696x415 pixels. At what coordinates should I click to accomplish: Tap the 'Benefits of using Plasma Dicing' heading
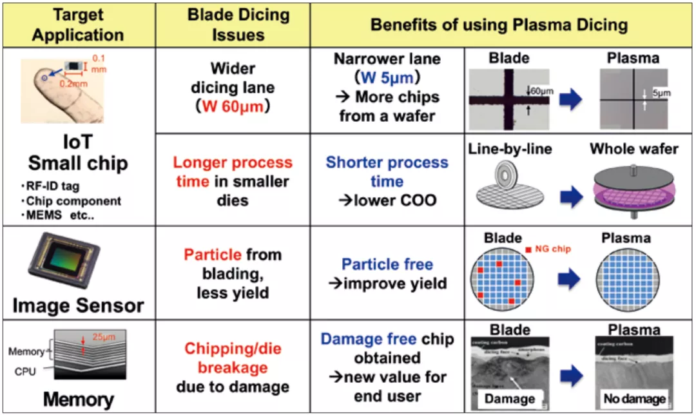(x=499, y=25)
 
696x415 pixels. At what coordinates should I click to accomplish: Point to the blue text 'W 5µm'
(x=387, y=78)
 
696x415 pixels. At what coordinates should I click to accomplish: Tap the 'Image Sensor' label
(x=78, y=304)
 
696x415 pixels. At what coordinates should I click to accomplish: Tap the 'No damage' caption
(x=633, y=399)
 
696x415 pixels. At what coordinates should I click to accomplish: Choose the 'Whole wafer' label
(x=634, y=150)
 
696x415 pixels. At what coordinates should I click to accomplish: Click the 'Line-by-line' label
(x=509, y=150)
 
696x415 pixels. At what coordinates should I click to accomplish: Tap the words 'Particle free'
(x=387, y=264)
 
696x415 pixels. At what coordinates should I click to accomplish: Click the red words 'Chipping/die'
(x=233, y=349)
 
